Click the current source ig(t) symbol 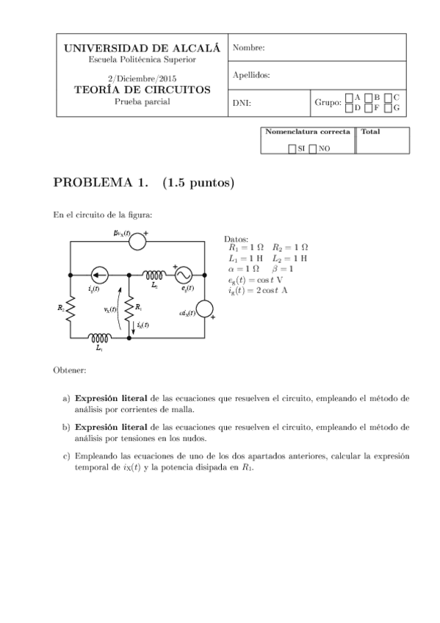tap(100, 273)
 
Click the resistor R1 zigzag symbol tap(130, 307)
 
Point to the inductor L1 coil tap(99, 339)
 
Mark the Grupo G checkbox tap(389, 108)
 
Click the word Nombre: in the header tap(248, 48)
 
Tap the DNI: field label tap(242, 103)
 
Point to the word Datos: tap(236, 240)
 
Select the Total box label tap(370, 132)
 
